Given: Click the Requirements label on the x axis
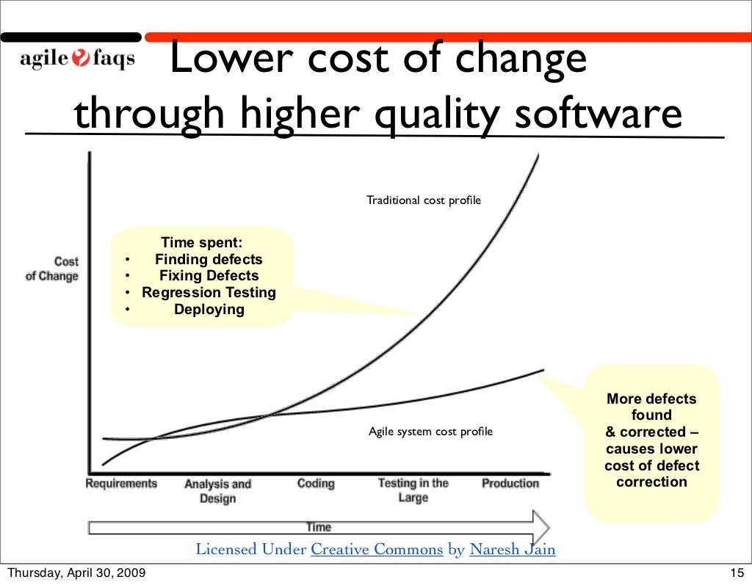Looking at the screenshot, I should [121, 484].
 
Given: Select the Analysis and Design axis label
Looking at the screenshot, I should [217, 491].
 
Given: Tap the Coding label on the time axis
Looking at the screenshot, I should [316, 484].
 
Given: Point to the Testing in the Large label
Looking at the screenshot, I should [413, 490].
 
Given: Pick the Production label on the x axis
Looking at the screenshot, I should [510, 484].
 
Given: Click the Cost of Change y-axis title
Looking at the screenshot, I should [52, 269].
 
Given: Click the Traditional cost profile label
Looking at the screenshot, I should [424, 200].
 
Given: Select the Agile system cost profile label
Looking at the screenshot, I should [430, 432].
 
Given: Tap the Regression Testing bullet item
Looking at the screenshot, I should [209, 293].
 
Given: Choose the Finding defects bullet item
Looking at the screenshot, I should [209, 259].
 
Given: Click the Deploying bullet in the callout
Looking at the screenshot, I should [209, 310].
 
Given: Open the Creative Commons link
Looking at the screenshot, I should [377, 550].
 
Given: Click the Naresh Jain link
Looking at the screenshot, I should [513, 550].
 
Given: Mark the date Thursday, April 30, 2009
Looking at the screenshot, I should [76, 573].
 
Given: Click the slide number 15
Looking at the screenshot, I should [737, 573].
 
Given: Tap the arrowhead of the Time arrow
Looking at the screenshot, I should [541, 527].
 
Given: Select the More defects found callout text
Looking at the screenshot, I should [651, 440].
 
